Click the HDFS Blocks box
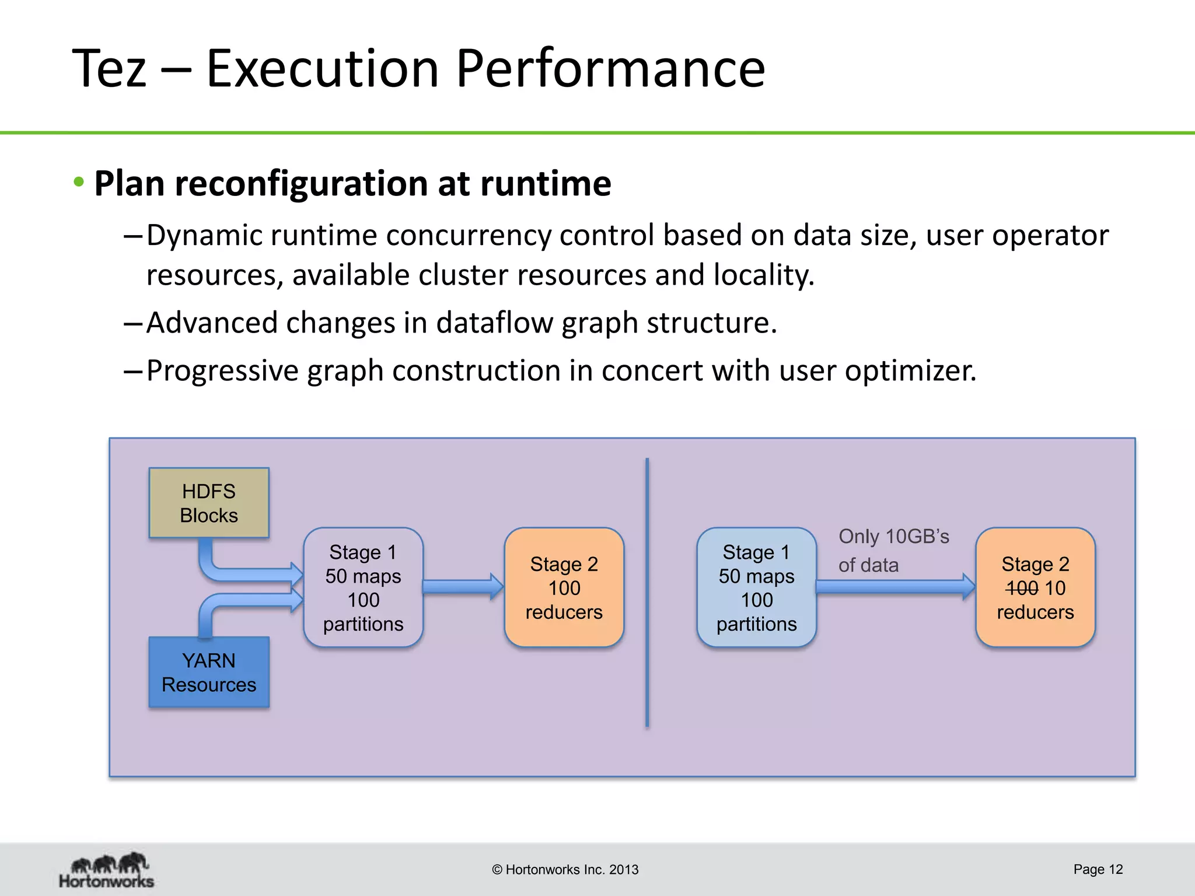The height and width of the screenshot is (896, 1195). coord(209,503)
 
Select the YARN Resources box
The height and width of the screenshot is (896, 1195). coord(209,672)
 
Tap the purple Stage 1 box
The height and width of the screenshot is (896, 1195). coord(363,587)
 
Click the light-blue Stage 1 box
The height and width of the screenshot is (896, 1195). coord(756,587)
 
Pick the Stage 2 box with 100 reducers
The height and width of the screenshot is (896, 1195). coord(564,587)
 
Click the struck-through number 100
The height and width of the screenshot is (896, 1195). coord(1022,588)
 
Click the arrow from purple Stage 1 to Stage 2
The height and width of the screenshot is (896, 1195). coord(463,587)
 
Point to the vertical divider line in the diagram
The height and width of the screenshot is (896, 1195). coord(647,592)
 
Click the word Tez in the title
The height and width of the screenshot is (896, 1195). coord(109,68)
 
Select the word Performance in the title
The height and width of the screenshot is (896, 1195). coord(610,68)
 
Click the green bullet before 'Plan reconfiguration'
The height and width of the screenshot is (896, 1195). coord(79,182)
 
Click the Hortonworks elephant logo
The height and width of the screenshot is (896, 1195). coord(107,869)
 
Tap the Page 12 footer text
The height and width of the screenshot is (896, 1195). coord(1098,869)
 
